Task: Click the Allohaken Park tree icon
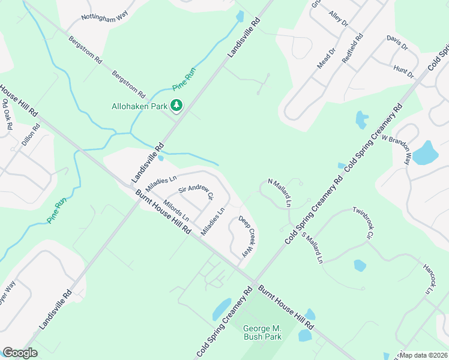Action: pos(176,106)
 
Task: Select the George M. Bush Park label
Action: pos(262,332)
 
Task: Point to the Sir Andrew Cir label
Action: pos(196,192)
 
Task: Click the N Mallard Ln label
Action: pos(279,193)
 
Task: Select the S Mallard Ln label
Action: pos(312,248)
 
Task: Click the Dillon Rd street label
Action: pos(30,137)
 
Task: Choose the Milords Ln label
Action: pos(176,209)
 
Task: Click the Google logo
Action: pos(20,353)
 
